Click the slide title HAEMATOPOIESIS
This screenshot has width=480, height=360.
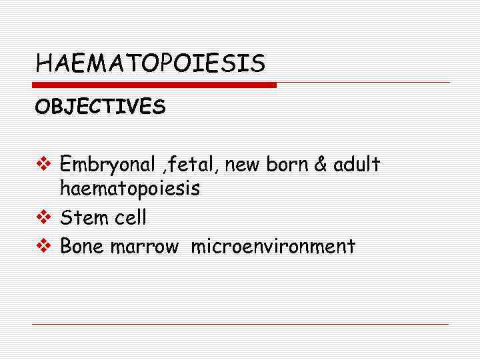coord(150,64)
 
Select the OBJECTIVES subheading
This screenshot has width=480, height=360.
coord(101,107)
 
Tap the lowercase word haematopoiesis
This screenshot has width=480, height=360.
coord(130,189)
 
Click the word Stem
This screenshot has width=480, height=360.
coord(81,217)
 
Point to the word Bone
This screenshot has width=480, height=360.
coord(82,247)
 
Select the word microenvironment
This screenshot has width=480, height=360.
coord(273,247)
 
